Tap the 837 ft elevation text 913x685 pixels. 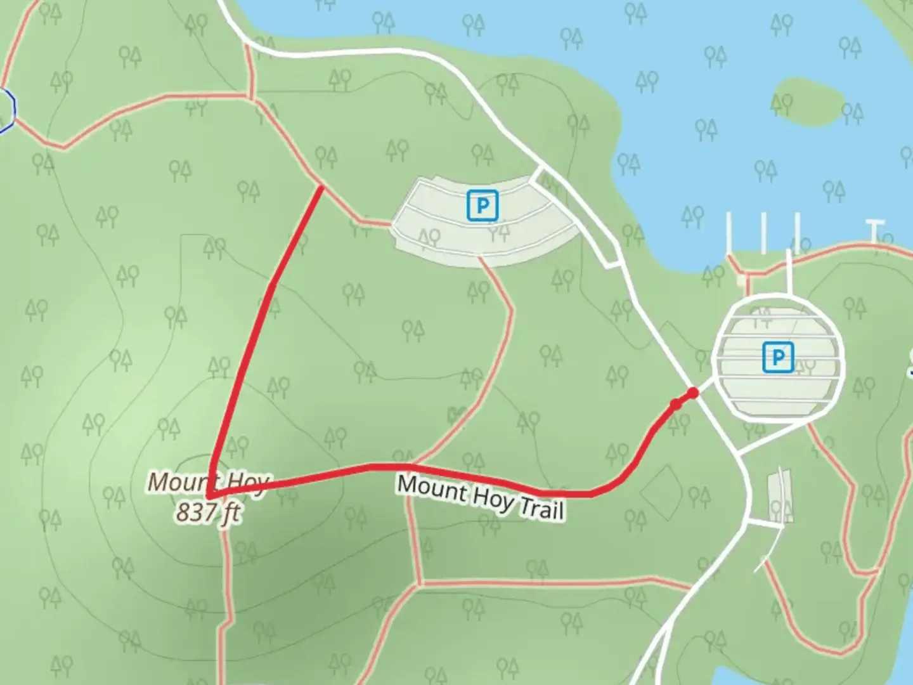[x=207, y=511]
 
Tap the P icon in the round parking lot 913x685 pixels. [x=777, y=358]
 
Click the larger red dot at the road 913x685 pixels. [x=693, y=393]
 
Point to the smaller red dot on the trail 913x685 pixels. [x=676, y=403]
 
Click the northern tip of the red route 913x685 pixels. [x=321, y=187]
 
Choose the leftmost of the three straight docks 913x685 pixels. [x=728, y=232]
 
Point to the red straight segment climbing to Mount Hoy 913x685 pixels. [x=254, y=342]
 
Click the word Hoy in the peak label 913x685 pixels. [x=249, y=483]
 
